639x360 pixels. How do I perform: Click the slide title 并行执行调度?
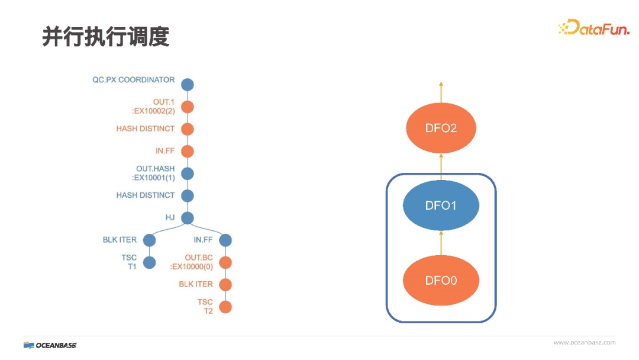point(106,37)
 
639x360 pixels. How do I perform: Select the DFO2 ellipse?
point(441,128)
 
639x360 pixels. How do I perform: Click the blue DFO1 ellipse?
point(441,205)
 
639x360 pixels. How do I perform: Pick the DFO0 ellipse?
point(441,280)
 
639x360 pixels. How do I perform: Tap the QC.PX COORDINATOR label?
point(134,80)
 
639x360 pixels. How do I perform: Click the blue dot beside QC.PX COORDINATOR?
point(188,85)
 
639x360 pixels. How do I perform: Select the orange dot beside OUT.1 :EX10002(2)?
point(188,107)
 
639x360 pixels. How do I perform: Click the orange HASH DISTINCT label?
point(146,128)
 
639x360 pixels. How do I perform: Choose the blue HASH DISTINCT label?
point(146,195)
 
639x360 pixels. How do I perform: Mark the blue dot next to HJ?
point(188,218)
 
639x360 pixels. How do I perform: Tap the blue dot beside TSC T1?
point(149,262)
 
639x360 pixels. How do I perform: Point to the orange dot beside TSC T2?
point(225,307)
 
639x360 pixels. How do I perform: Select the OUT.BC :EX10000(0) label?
point(192,262)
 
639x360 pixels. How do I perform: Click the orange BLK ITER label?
point(196,285)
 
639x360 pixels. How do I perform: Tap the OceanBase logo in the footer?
point(50,345)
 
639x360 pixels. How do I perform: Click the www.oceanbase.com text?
point(584,342)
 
